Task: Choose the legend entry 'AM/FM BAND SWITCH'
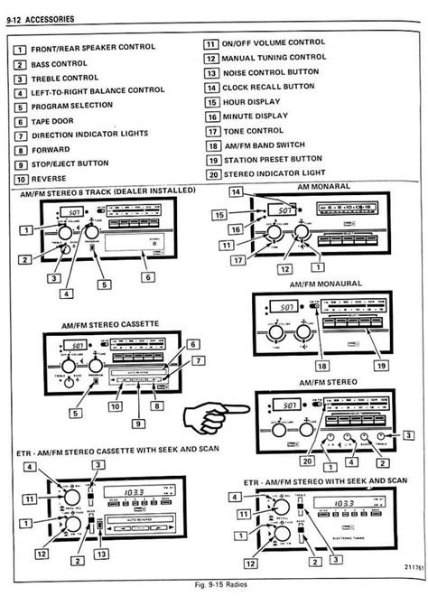click(x=262, y=145)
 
